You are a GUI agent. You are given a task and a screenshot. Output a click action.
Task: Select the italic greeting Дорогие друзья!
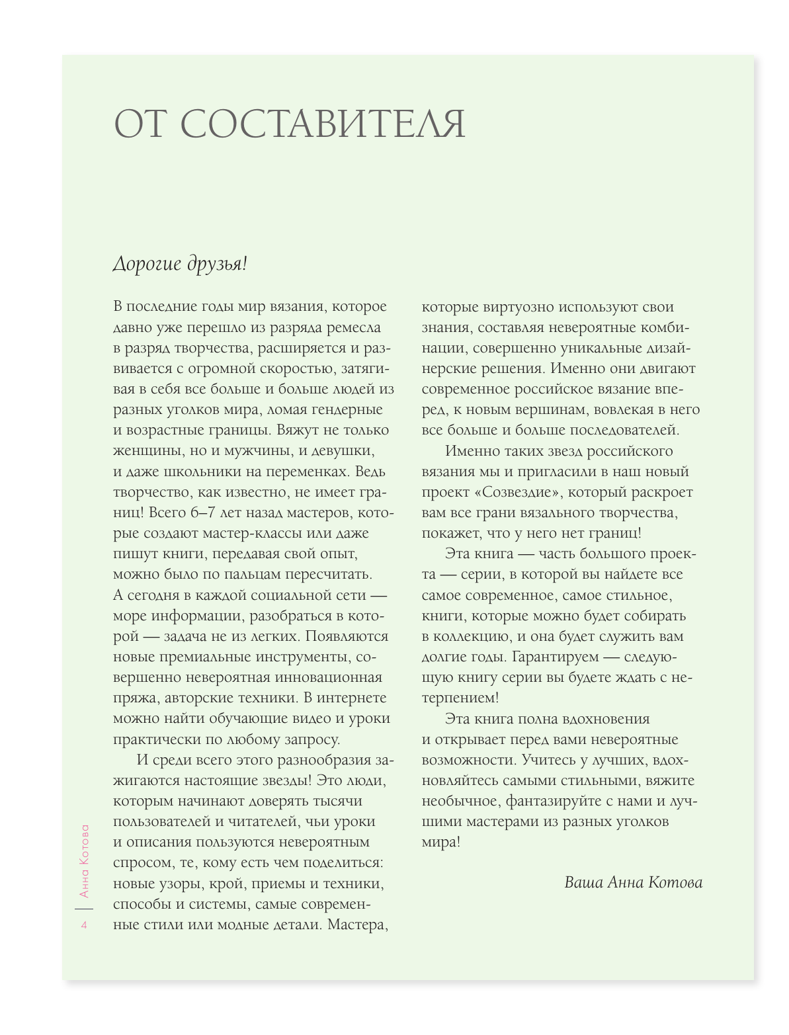coord(180,264)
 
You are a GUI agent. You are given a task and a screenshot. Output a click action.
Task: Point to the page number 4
coord(84,925)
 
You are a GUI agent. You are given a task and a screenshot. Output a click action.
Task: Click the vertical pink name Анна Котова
coord(84,860)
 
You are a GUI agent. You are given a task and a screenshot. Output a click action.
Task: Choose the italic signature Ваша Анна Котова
coord(633,882)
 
